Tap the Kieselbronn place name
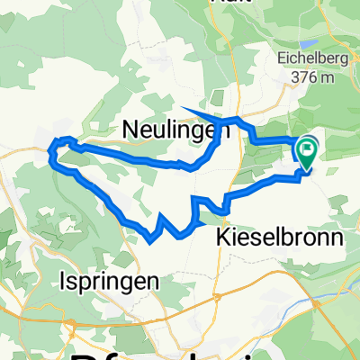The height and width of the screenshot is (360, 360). [x=281, y=238]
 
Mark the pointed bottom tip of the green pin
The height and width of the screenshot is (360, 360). [x=306, y=169]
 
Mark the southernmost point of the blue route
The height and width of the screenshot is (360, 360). [x=149, y=240]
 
